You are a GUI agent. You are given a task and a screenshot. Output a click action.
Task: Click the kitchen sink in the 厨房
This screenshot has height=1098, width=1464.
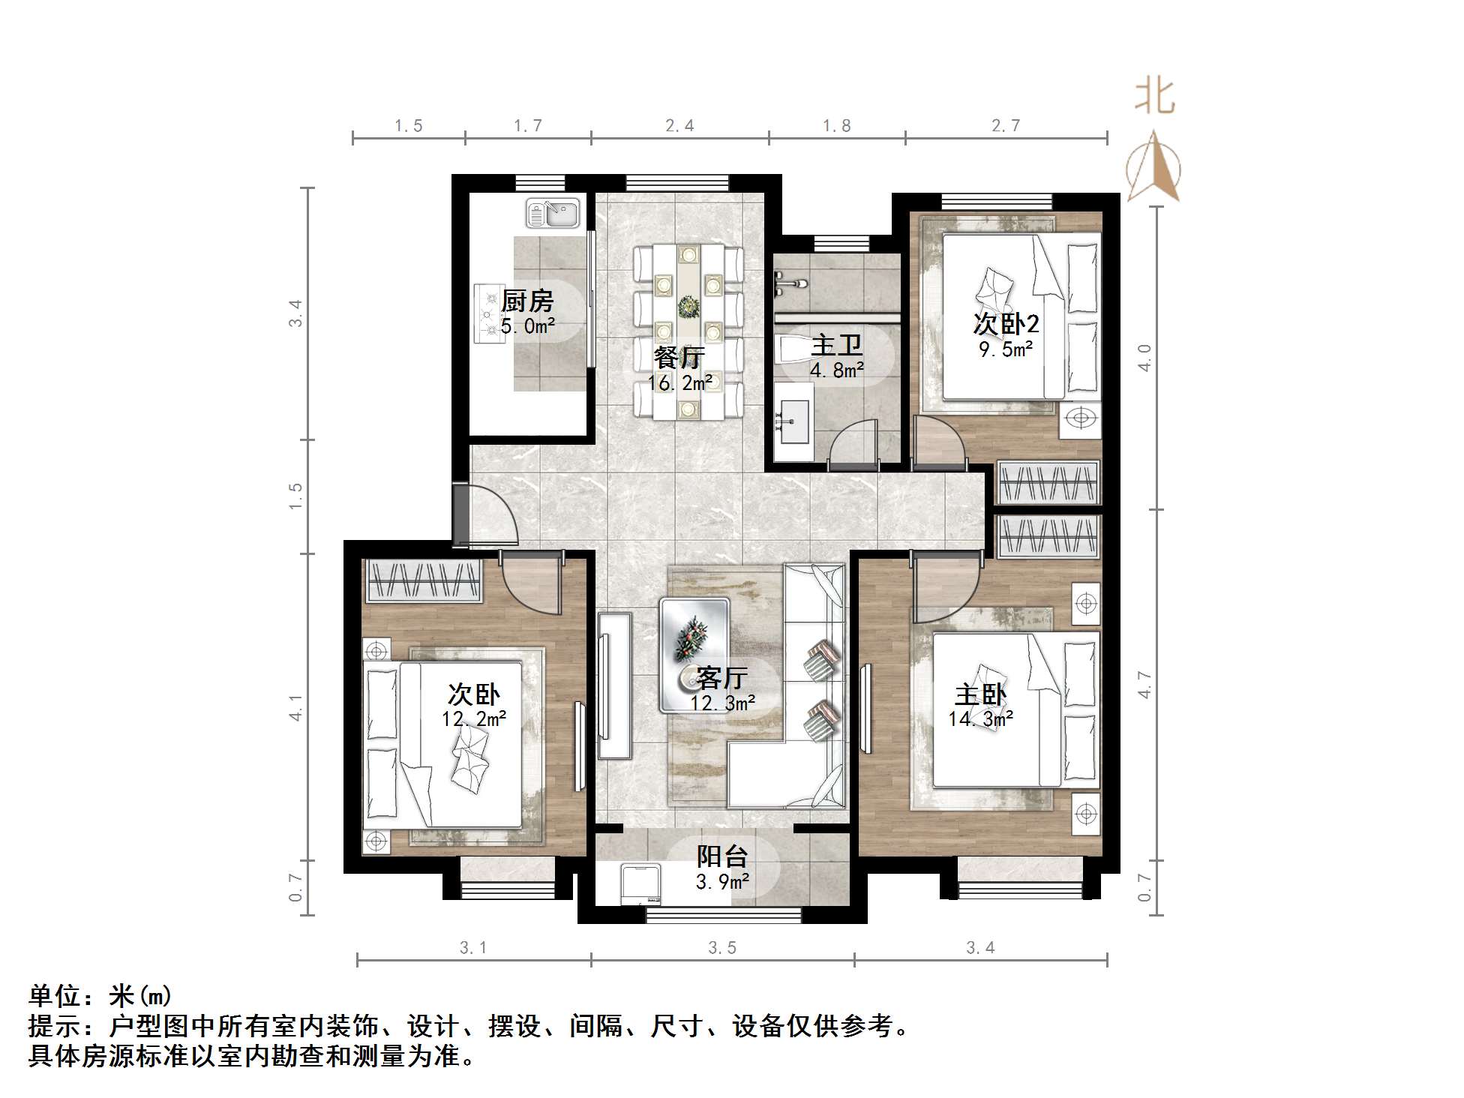pos(553,213)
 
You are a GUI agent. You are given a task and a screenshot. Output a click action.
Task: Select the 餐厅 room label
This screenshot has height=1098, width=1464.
pos(679,358)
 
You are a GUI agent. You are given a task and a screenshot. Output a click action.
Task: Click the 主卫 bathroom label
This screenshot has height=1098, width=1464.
pos(837,346)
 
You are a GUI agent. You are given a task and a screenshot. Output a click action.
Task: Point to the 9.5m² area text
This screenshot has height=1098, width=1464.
pos(1006,349)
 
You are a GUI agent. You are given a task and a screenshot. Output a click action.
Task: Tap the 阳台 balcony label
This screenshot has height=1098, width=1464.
pos(722,856)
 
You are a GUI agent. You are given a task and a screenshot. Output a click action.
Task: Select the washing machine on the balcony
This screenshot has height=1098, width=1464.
pos(640,885)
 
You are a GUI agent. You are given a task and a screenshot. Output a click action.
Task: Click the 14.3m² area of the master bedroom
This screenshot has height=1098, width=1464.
pos(981,719)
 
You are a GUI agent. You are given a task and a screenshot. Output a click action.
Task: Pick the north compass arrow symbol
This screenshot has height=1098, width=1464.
pos(1153,166)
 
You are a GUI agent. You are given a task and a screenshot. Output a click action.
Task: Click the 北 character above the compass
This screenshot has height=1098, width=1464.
pos(1153,97)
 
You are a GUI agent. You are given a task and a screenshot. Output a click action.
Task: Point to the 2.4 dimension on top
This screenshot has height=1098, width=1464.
pos(679,126)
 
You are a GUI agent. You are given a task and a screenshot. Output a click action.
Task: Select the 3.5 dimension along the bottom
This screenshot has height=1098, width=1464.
pos(722,949)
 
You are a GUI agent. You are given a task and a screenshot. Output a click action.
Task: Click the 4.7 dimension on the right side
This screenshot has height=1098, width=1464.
pos(1144,685)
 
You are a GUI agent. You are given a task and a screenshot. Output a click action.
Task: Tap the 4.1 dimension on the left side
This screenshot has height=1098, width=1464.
pos(296,707)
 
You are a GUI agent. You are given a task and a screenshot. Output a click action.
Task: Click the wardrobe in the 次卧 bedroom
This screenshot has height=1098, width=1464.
pos(423,580)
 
